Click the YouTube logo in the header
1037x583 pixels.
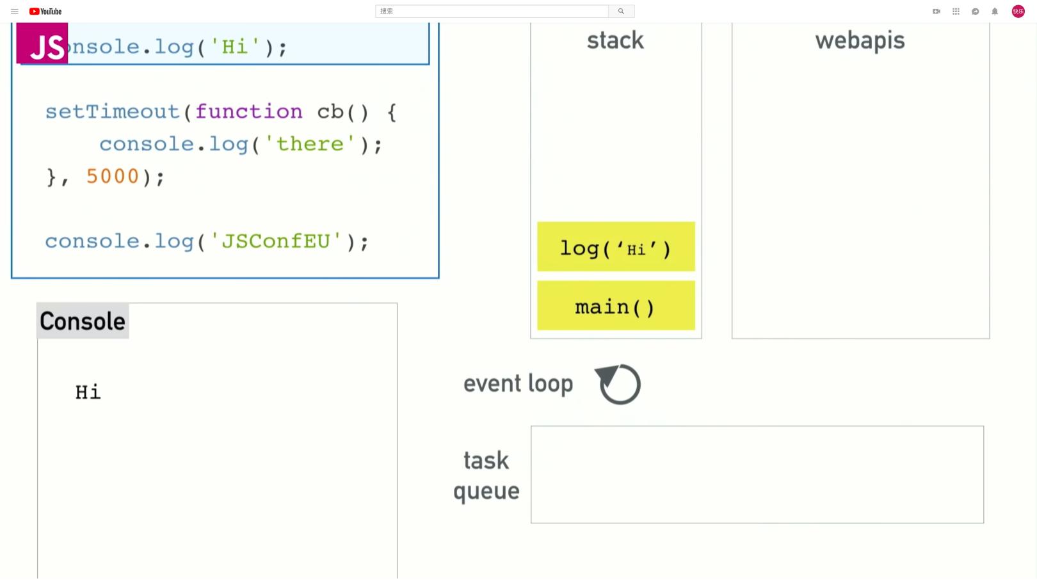[45, 12]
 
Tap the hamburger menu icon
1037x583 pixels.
[15, 12]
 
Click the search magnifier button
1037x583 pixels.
[621, 12]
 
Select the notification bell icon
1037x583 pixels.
[995, 12]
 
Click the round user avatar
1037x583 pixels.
[1018, 12]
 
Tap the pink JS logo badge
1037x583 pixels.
[42, 44]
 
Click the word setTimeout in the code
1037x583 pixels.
[112, 112]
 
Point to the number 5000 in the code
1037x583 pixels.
[113, 177]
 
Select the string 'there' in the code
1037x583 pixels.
[310, 144]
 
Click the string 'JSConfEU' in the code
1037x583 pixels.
[276, 241]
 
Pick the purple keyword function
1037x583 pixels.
[249, 112]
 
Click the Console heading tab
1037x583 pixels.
[83, 321]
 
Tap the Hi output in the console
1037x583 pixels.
[88, 392]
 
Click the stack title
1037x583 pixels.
[615, 40]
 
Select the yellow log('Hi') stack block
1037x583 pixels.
[616, 247]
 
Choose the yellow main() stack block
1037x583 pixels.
[616, 306]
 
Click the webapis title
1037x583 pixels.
[860, 40]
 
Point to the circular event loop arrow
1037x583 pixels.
[618, 384]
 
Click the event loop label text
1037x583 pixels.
[518, 384]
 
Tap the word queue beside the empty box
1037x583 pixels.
[486, 491]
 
